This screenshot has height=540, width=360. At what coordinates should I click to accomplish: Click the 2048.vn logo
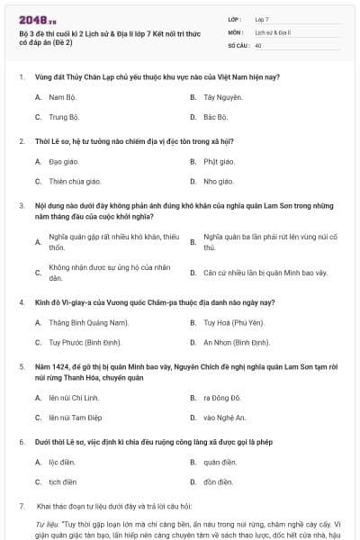(x=31, y=18)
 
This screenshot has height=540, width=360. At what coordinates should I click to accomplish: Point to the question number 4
(x=21, y=301)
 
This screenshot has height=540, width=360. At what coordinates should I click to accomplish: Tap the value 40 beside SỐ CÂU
(x=258, y=44)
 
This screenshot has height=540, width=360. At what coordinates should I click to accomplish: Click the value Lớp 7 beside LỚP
(x=262, y=18)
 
